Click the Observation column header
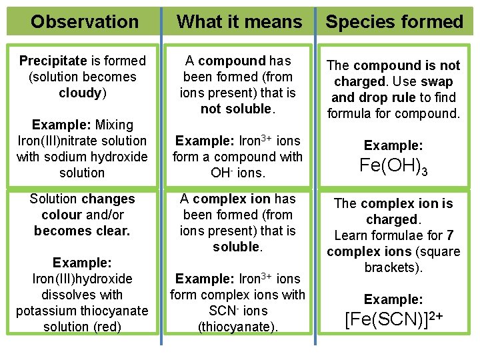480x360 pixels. pyautogui.click(x=85, y=22)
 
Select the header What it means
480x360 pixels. pyautogui.click(x=239, y=22)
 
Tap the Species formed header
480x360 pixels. pyautogui.click(x=394, y=22)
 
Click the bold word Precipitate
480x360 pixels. pyautogui.click(x=49, y=61)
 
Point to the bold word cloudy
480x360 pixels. pyautogui.click(x=79, y=93)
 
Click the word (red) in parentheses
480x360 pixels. pyautogui.click(x=106, y=327)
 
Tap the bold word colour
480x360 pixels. pyautogui.click(x=61, y=215)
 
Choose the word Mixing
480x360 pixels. pyautogui.click(x=115, y=125)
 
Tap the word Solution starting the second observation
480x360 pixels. pyautogui.click(x=55, y=199)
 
